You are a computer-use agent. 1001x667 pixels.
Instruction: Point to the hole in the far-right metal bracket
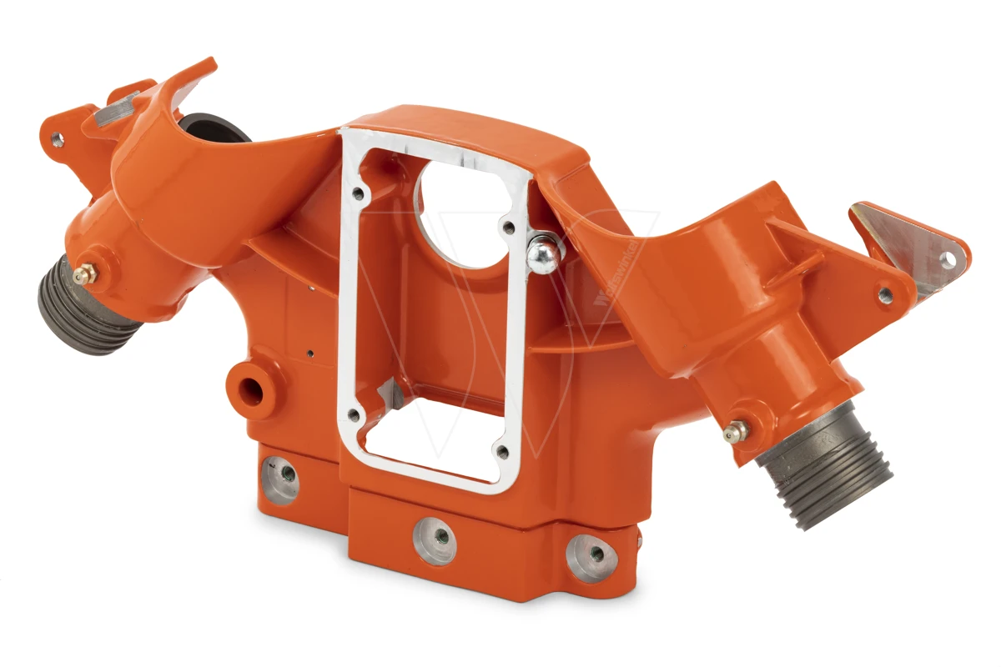pos(948,260)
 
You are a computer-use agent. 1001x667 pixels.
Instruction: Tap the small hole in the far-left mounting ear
pos(57,139)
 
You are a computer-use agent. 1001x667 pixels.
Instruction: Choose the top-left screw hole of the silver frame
pos(358,193)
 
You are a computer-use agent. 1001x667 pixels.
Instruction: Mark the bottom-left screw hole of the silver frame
pos(355,414)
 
